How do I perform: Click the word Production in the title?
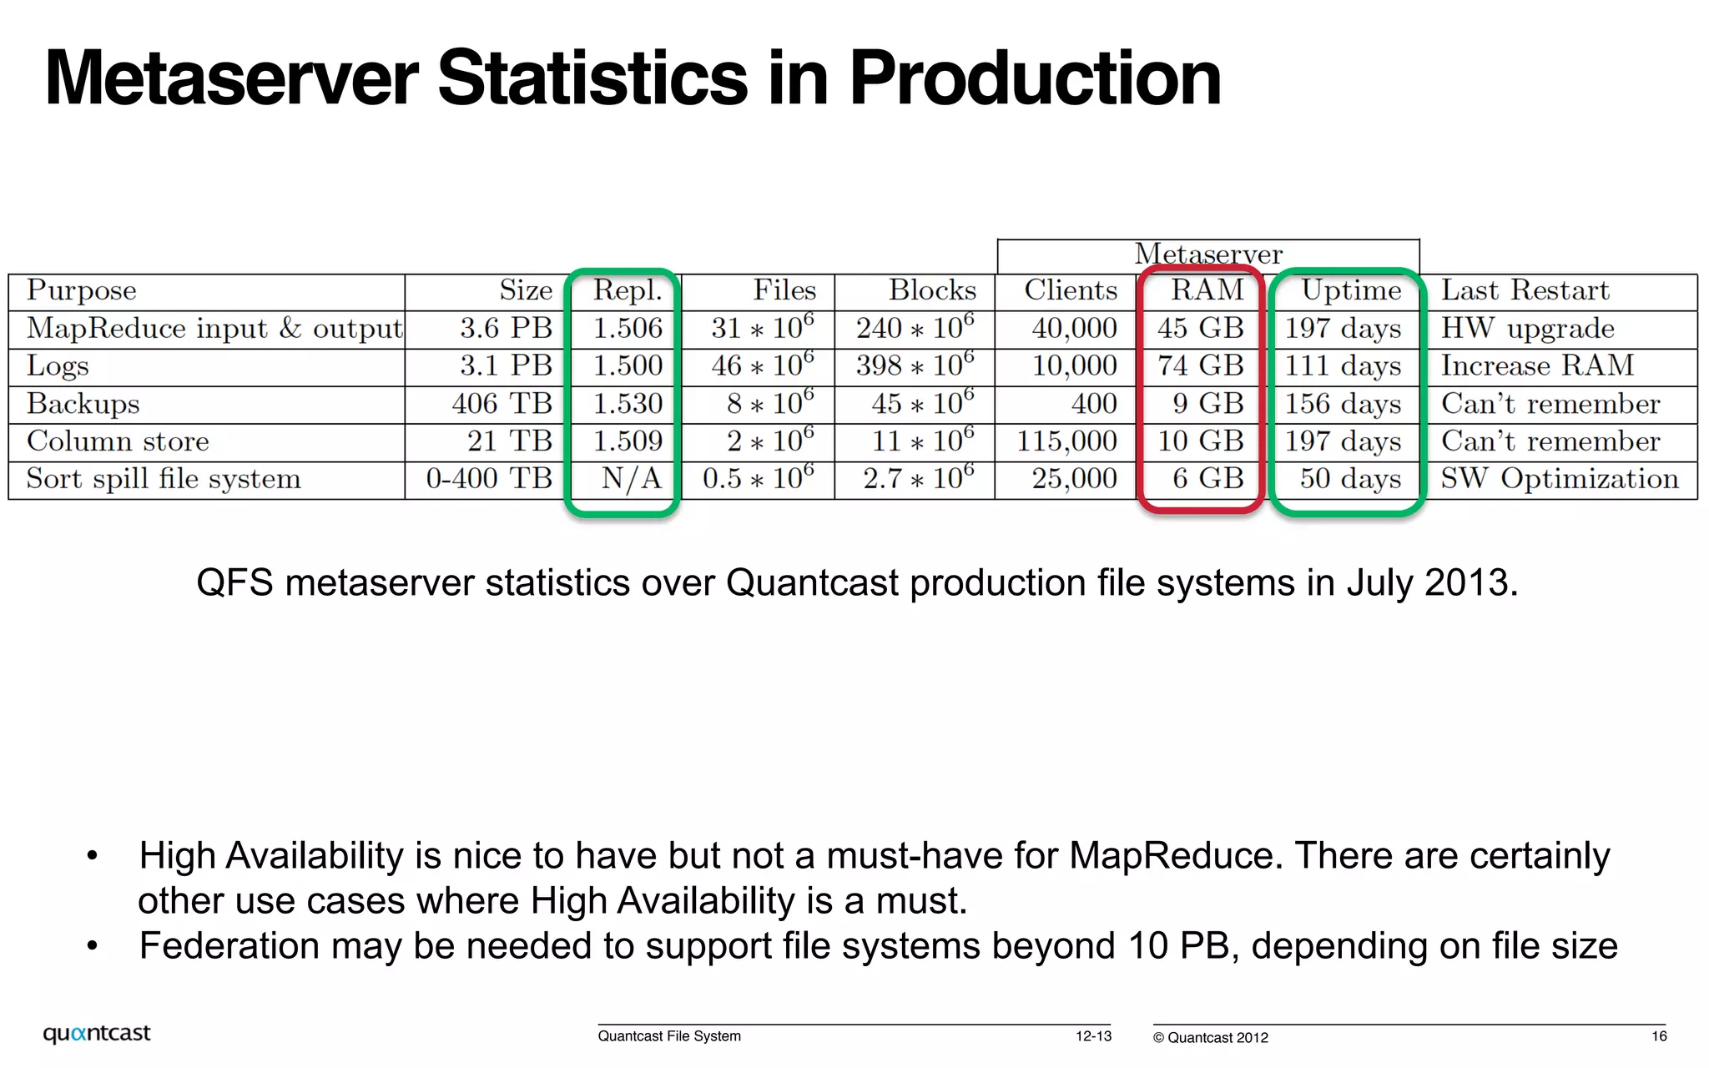coord(1035,78)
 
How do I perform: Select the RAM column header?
coord(1207,290)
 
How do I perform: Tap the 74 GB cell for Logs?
coord(1200,365)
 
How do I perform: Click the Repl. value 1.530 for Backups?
coord(628,404)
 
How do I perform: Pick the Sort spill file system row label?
coord(164,479)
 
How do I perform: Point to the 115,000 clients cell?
coord(1066,441)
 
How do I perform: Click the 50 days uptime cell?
coord(1350,479)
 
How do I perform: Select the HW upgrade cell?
coord(1527,329)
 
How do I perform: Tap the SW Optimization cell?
coord(1559,479)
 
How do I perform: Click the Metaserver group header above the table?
coord(1207,254)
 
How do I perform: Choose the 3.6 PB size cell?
coord(506,329)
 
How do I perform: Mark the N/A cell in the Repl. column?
coord(631,479)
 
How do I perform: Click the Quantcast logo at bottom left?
coord(97,1034)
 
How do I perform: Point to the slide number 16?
coord(1659,1036)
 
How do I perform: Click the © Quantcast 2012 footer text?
coord(1210,1038)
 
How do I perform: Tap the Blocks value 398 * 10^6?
coord(915,365)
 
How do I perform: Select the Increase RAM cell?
coord(1537,365)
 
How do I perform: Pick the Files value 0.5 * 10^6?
coord(758,479)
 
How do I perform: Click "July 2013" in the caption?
coord(1430,582)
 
